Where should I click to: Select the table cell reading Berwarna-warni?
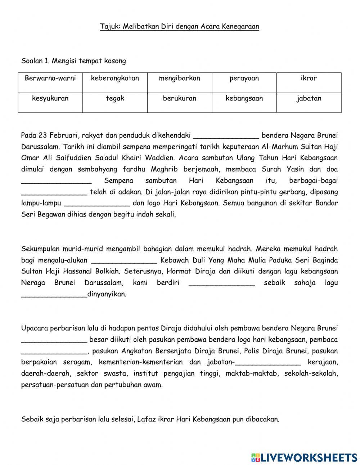(x=50, y=79)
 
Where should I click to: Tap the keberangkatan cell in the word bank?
(x=115, y=79)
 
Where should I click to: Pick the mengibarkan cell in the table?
(x=179, y=79)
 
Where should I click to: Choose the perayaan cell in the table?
(x=244, y=79)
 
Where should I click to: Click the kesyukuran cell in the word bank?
(x=50, y=98)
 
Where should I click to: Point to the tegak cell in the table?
(x=115, y=98)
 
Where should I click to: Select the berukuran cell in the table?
(x=179, y=98)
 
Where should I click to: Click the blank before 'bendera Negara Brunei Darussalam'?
(x=226, y=136)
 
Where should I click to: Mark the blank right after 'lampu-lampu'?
(x=96, y=204)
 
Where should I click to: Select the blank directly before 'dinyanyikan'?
(x=54, y=295)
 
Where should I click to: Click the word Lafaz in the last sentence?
(x=145, y=419)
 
